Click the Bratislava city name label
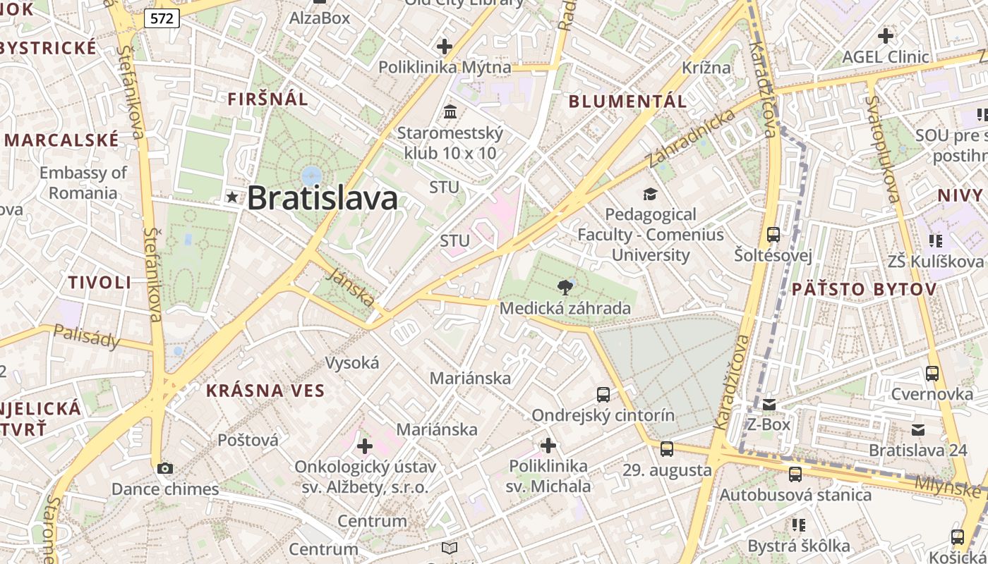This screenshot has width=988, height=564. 323,198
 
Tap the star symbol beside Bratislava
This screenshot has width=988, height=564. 231,198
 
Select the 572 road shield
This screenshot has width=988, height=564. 162,18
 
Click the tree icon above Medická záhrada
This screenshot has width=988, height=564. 565,287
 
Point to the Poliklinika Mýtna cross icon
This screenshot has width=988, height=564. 445,47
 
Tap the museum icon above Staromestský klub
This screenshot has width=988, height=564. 450,111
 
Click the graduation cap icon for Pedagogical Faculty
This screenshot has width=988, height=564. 650,193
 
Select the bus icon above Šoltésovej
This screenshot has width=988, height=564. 773,234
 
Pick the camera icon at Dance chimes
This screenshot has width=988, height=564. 165,468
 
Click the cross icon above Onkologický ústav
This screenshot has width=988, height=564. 365,446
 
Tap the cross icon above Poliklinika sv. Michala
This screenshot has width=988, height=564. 548,445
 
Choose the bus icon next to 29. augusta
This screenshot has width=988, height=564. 667,448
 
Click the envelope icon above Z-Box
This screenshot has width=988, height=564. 769,405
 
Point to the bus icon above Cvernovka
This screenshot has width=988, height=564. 932,373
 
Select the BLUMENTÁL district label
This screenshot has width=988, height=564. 627,101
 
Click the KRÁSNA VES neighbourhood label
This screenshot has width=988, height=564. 265,391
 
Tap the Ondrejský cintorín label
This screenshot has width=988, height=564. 603,415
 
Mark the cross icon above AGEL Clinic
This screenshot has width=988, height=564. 886,35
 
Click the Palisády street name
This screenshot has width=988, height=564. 87,338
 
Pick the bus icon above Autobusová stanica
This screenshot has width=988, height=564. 795,474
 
